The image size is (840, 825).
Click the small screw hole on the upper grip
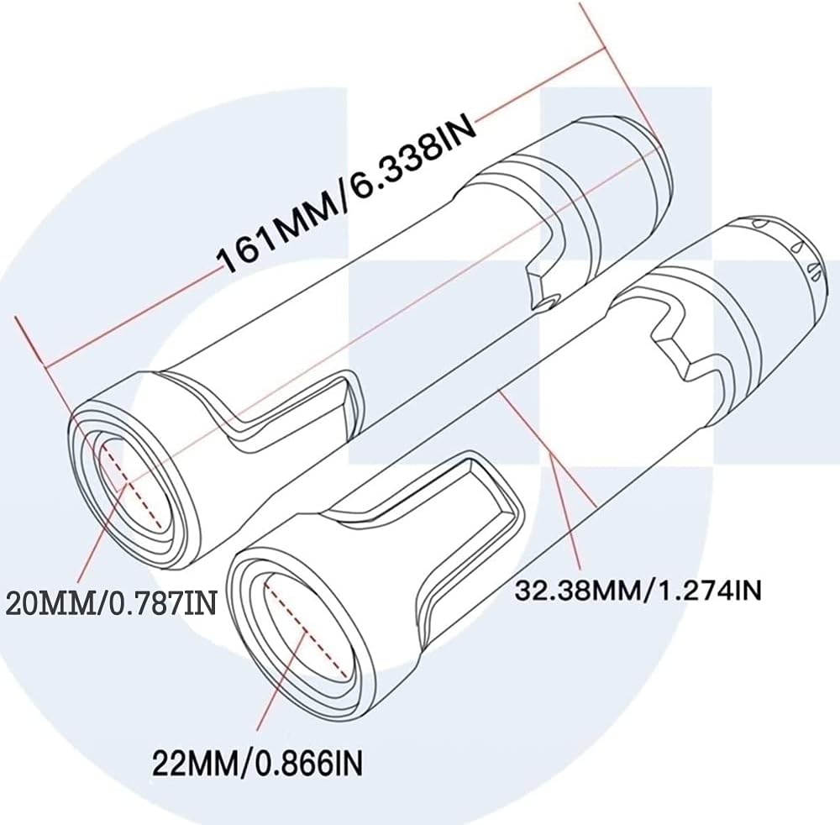click(547, 300)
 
